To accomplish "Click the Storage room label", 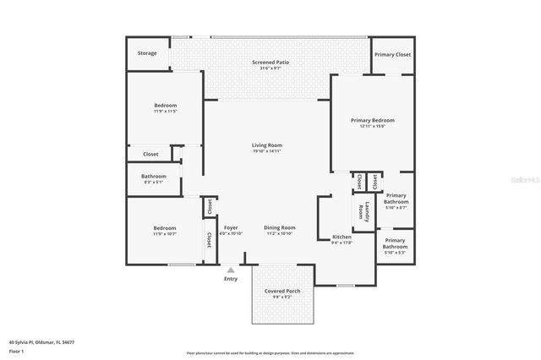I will pyautogui.click(x=147, y=53).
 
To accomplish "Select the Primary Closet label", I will pyautogui.click(x=392, y=54).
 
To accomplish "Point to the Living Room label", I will pyautogui.click(x=266, y=147).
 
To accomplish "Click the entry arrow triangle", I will pyautogui.click(x=231, y=270).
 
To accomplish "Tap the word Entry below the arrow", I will pyautogui.click(x=231, y=279).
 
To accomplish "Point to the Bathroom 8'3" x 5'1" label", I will pyautogui.click(x=154, y=178).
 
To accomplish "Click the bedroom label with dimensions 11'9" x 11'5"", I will pyautogui.click(x=165, y=107).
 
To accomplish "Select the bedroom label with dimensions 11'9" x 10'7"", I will pyautogui.click(x=165, y=230).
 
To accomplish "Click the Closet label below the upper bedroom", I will pyautogui.click(x=150, y=154).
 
